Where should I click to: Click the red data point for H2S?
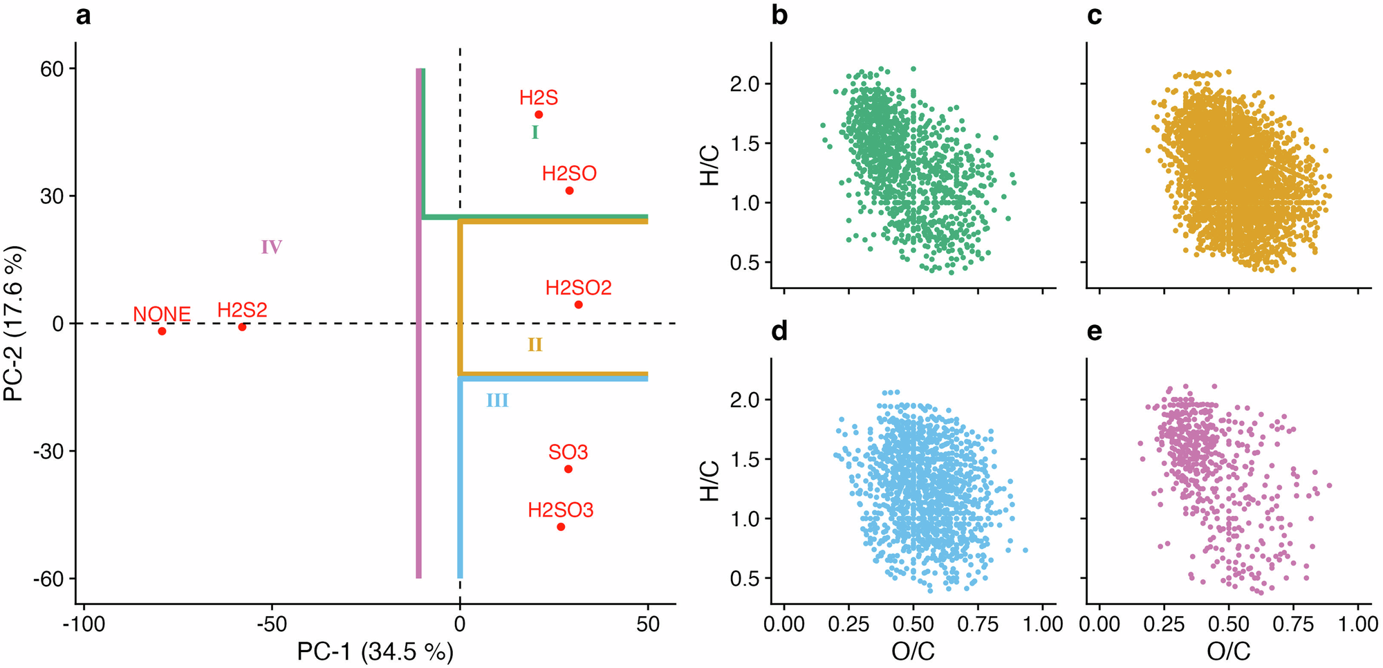(x=539, y=115)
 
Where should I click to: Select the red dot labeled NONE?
(x=162, y=331)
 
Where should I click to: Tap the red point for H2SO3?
(x=561, y=527)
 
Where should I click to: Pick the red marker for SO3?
(x=568, y=469)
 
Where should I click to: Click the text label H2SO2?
(x=578, y=288)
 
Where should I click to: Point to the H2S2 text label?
(x=242, y=310)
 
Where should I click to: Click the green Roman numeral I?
(x=535, y=132)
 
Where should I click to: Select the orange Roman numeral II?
(x=535, y=344)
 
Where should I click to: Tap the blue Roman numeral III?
(x=497, y=400)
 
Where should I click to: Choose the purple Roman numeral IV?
(x=271, y=247)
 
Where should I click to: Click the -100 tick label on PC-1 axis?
(x=84, y=624)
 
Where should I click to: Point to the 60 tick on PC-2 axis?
(x=52, y=69)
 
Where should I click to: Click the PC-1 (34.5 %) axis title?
(x=375, y=651)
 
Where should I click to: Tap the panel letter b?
(x=779, y=15)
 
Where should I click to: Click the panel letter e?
(x=1095, y=332)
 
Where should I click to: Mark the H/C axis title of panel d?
(x=710, y=480)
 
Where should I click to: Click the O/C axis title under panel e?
(x=1228, y=651)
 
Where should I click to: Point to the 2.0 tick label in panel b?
(x=744, y=84)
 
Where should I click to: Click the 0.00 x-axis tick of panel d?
(x=783, y=624)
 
